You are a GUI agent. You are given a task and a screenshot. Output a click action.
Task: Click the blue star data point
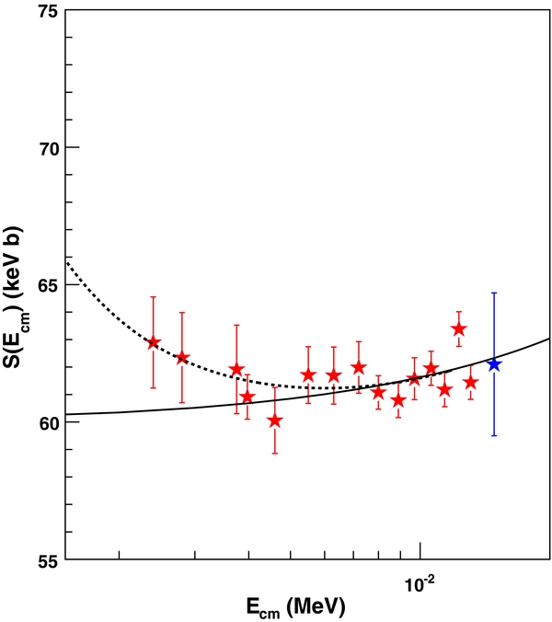tap(494, 364)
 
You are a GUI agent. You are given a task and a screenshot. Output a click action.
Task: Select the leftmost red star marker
tap(154, 342)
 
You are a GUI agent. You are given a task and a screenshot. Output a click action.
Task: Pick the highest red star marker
tap(458, 328)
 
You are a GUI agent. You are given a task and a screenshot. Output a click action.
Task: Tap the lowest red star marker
tap(274, 420)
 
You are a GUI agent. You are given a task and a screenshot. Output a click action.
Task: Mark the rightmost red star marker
tap(471, 382)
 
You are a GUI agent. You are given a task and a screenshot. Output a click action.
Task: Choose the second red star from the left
tap(182, 357)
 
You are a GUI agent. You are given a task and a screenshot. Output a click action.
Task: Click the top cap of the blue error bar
tap(494, 293)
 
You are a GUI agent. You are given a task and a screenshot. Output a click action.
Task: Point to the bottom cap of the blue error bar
tap(494, 435)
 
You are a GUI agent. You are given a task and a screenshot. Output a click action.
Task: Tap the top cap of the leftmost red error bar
tap(154, 297)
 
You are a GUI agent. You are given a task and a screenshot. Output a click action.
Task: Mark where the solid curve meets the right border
tap(550, 339)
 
